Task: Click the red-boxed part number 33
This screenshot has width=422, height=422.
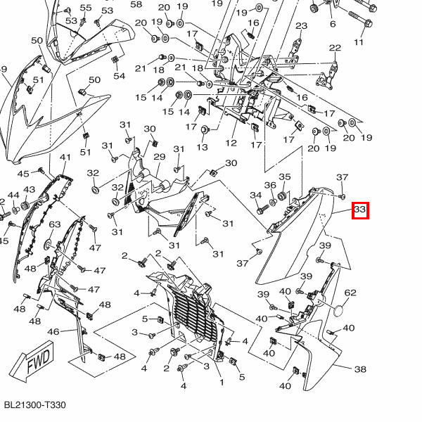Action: tap(360, 210)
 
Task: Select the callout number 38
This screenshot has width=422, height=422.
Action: tap(360, 369)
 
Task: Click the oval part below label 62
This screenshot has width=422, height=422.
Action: tap(340, 309)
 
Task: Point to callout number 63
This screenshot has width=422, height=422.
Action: tap(56, 224)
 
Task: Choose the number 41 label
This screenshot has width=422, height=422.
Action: tap(65, 158)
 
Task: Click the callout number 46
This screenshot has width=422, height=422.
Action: tap(53, 331)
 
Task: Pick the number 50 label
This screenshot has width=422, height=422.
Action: tap(94, 80)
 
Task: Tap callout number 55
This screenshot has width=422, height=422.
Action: tap(86, 8)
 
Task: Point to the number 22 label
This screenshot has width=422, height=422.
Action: tap(335, 48)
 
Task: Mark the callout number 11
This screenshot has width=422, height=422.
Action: tap(359, 43)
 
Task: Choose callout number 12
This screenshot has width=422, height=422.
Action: tap(231, 143)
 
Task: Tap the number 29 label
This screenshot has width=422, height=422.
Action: tap(159, 157)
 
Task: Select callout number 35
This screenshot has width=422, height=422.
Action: tap(285, 177)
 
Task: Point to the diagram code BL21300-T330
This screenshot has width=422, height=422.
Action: tap(34, 406)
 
